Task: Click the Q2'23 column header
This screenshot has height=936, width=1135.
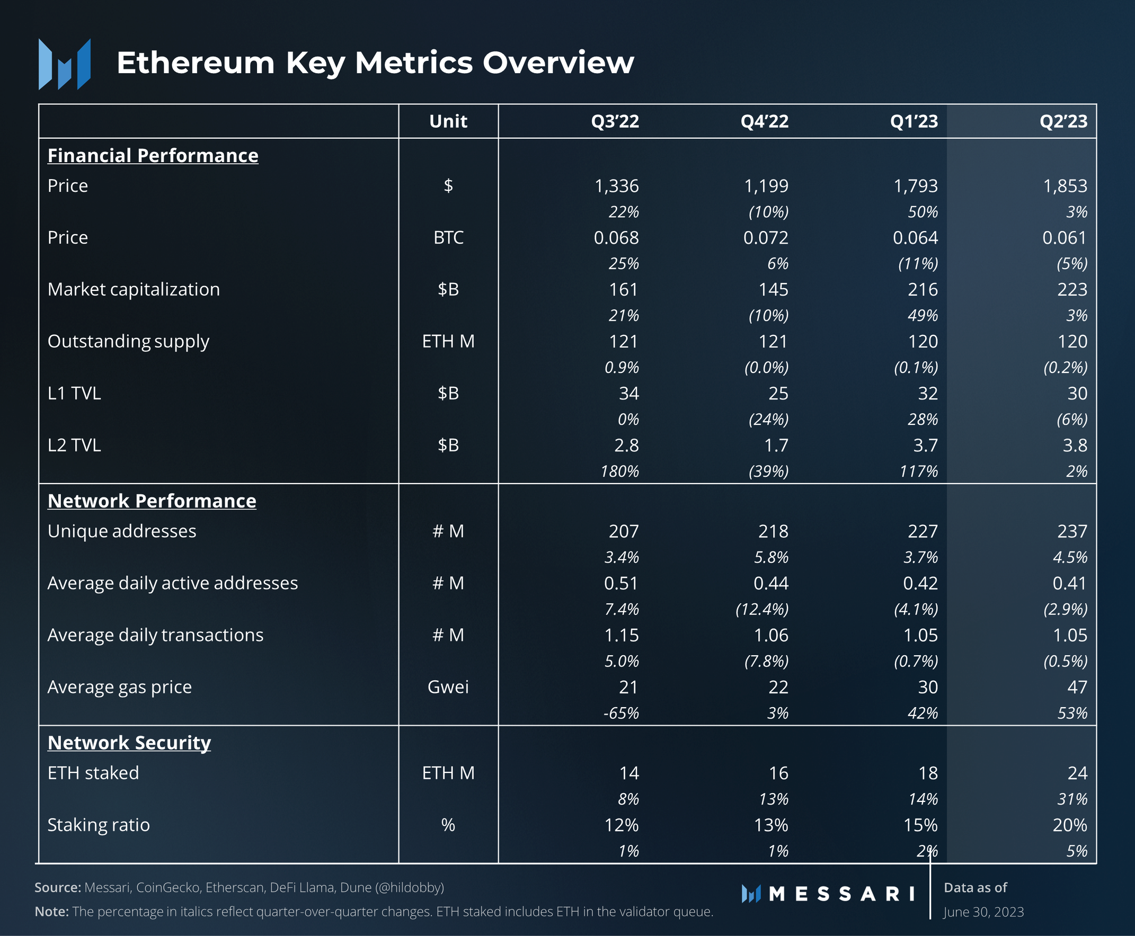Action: point(1063,121)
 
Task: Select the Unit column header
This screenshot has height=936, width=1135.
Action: point(448,121)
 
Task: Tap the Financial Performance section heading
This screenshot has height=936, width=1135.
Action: point(153,155)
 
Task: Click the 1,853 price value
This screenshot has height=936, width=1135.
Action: point(1065,186)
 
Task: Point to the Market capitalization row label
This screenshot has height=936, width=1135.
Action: point(133,290)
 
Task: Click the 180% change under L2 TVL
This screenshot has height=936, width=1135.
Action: point(619,471)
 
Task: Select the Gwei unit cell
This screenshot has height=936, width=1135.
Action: point(448,687)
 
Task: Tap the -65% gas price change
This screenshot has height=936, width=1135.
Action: point(620,713)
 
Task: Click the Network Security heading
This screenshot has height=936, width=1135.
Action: point(129,743)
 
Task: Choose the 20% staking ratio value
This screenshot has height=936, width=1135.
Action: point(1069,825)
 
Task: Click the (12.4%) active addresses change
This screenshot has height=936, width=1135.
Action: point(762,609)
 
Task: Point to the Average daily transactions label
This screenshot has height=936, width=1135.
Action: point(155,635)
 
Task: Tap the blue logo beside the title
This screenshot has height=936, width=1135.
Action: point(65,64)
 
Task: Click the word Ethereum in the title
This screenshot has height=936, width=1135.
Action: point(196,63)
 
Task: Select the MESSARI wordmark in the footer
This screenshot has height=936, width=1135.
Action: point(841,894)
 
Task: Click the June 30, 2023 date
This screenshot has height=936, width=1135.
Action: point(983,912)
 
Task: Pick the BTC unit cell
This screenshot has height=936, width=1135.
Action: point(448,238)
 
